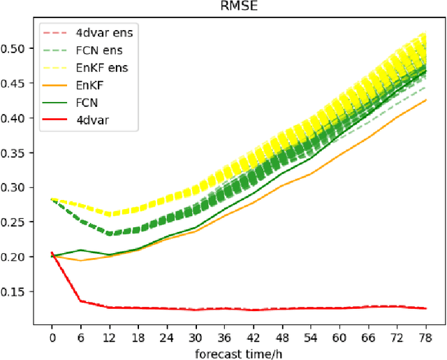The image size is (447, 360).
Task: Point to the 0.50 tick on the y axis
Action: [18, 48]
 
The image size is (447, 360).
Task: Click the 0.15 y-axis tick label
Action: [18, 291]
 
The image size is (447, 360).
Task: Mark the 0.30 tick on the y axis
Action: [18, 187]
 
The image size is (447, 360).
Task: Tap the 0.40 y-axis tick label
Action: [18, 117]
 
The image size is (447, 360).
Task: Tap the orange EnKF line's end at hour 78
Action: [425, 100]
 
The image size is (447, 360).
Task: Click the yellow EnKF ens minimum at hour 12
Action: [109, 213]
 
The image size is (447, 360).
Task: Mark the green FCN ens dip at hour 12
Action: [109, 233]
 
